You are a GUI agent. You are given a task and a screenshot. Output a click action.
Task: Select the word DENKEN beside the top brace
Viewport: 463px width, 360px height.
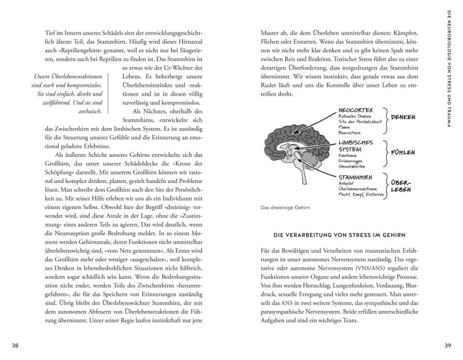pos(403,117)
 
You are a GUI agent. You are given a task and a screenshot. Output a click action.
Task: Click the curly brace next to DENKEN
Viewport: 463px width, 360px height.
pos(387,117)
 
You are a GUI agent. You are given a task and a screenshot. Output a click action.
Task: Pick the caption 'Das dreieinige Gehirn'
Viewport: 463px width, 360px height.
pos(282,208)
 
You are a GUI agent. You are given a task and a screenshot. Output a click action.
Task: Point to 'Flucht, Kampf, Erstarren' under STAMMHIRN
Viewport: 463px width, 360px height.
pos(361,194)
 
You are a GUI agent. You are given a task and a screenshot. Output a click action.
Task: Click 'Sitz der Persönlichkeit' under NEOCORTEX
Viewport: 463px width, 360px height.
pos(361,122)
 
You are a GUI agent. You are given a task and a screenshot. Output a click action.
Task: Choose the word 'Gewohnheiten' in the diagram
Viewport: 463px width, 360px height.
pos(353,167)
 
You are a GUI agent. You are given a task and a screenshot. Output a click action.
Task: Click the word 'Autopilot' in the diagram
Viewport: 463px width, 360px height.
pos(347,183)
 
